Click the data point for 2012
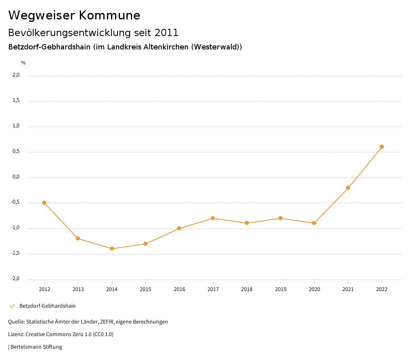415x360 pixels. point(44,203)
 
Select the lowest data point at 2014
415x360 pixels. point(112,249)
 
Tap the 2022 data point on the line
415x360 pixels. point(382,147)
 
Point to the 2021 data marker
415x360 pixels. point(348,188)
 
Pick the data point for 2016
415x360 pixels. point(179,228)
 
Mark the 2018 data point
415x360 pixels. point(247,223)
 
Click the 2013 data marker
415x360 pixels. point(78,238)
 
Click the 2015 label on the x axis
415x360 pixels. point(145,289)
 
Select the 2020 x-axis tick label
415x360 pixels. point(314,289)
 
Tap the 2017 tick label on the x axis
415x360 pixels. point(213,289)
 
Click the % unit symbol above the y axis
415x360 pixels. point(24,63)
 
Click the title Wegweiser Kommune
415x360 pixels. point(74,15)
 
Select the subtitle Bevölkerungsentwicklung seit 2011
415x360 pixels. point(93,32)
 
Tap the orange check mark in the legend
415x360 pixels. point(12,306)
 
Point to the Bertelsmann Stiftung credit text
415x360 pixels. point(36,347)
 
